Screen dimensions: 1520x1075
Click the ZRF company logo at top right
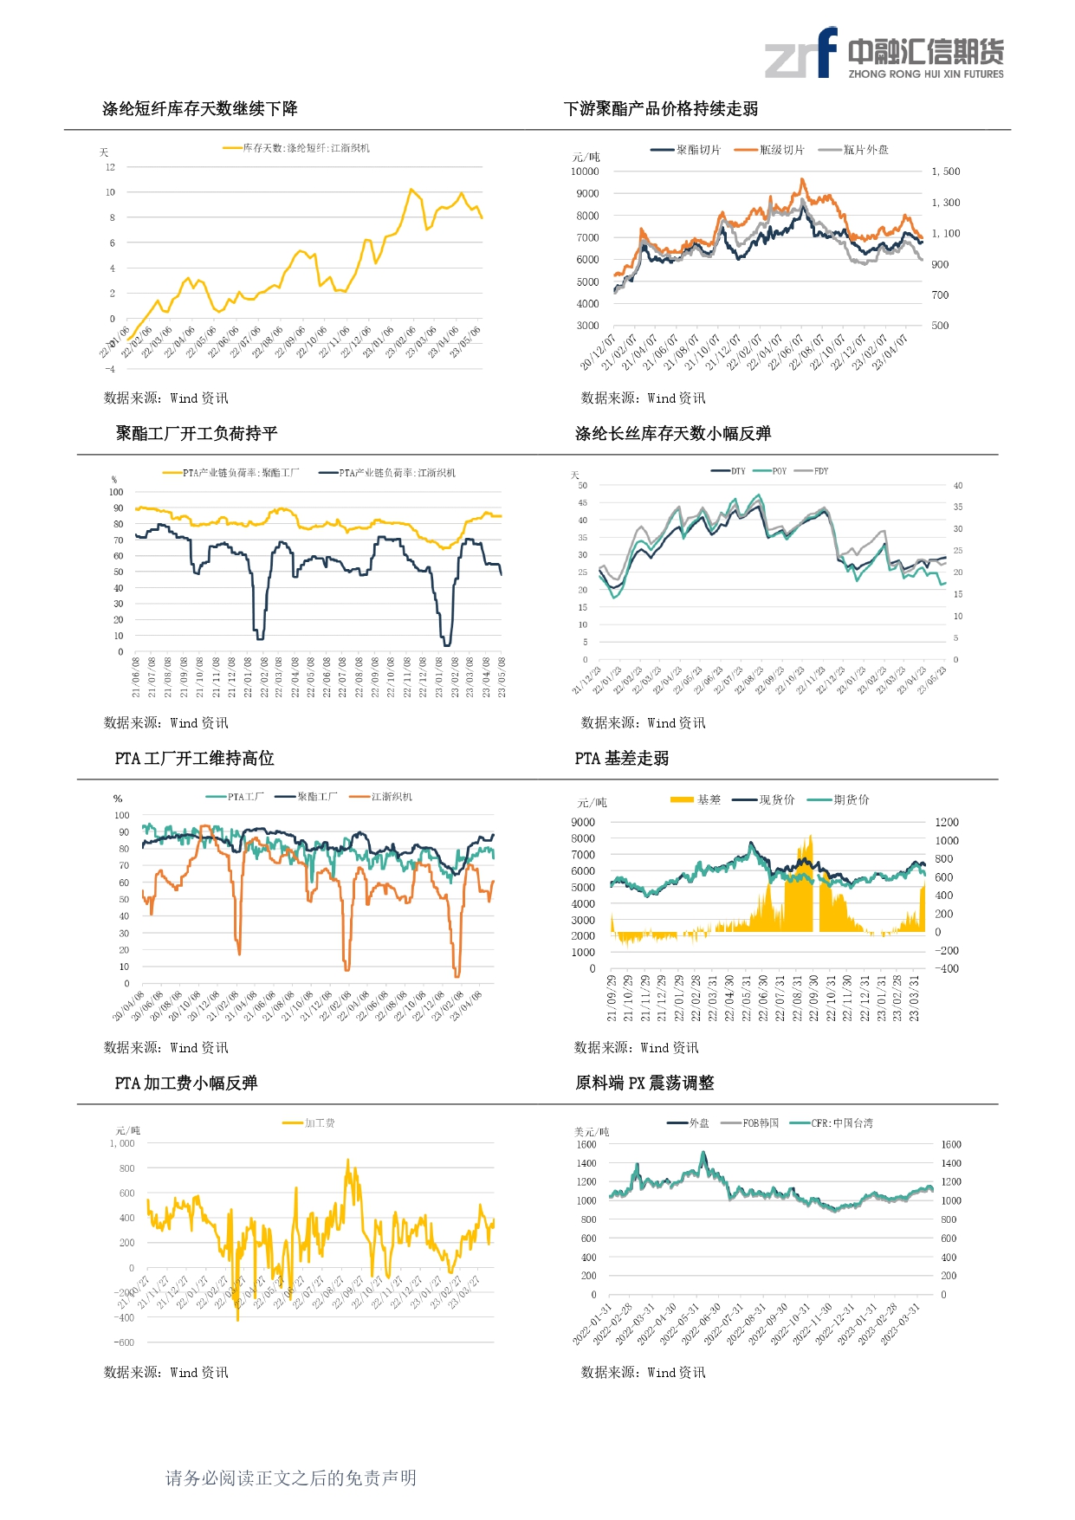(884, 54)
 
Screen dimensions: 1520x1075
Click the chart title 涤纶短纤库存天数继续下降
(199, 109)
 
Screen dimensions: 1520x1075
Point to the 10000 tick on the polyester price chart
(585, 171)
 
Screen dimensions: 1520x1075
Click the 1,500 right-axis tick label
(946, 171)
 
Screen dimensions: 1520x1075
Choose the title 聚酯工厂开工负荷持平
(197, 434)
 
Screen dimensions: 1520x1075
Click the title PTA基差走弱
(622, 759)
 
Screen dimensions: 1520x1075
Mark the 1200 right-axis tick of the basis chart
(947, 822)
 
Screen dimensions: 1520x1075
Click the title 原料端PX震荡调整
(644, 1083)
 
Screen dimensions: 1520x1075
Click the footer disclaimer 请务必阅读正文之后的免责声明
(291, 1478)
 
